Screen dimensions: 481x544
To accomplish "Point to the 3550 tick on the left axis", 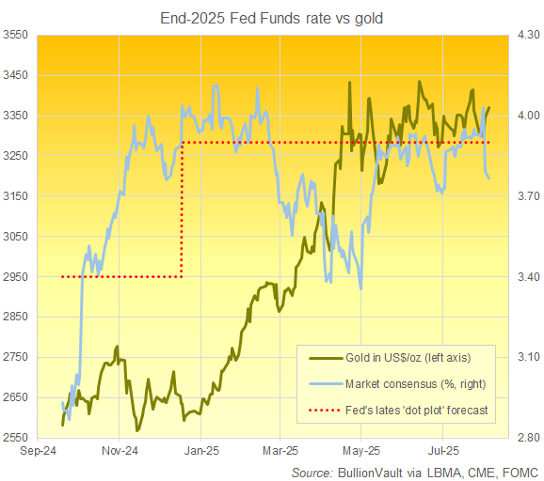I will point(18,35).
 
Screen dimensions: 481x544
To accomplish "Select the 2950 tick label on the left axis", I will point(18,277).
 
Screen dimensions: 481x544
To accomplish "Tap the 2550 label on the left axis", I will point(18,438).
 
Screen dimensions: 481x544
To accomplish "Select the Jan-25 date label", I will point(199,451).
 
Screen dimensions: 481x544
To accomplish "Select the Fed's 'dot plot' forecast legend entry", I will point(411,411).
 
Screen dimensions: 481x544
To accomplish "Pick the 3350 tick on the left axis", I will point(18,116).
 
